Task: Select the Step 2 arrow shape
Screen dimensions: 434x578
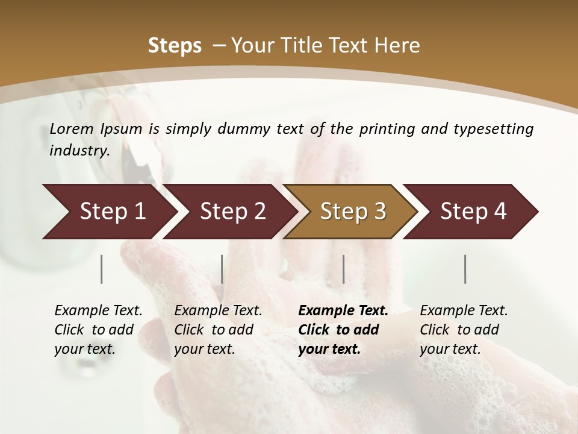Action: [x=232, y=212]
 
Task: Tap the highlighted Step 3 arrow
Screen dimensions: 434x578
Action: [x=352, y=212]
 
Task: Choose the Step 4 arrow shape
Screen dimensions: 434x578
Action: [x=473, y=212]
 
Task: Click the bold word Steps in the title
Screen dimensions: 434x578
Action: [x=175, y=46]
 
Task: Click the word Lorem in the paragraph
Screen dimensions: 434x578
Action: [x=72, y=128]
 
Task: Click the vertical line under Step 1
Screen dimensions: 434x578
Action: [x=102, y=269]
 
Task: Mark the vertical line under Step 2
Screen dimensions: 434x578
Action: [x=222, y=269]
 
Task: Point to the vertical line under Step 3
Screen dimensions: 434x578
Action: [x=344, y=269]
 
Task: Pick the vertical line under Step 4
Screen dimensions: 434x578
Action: [x=465, y=269]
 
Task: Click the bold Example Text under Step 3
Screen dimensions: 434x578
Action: [x=343, y=330]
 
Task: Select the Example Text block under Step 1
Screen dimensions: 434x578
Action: [x=98, y=330]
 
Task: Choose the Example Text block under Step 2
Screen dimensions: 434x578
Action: [x=218, y=330]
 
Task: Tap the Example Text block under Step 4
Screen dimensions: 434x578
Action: [x=464, y=330]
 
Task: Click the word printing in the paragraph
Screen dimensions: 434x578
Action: [x=385, y=129]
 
